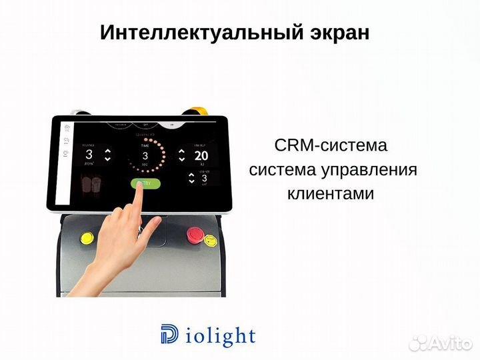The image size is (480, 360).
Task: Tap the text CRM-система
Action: tap(331, 146)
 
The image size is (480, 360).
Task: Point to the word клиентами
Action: tap(331, 194)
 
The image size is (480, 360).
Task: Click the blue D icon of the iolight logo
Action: tap(169, 335)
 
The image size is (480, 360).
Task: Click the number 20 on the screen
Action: tap(202, 156)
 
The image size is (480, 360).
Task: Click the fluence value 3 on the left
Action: tap(89, 155)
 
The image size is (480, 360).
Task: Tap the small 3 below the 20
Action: tap(204, 178)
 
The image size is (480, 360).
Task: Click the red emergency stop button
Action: tap(194, 234)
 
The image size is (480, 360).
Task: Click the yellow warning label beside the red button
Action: tap(210, 240)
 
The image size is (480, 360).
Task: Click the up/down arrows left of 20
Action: tap(181, 156)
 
